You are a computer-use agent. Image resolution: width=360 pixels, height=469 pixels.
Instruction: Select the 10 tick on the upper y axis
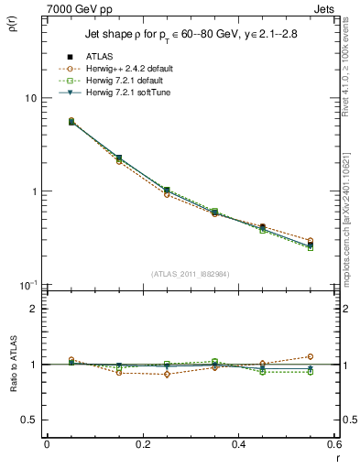click(29, 98)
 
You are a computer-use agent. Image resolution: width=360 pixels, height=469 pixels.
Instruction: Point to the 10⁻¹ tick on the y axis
click(27, 285)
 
